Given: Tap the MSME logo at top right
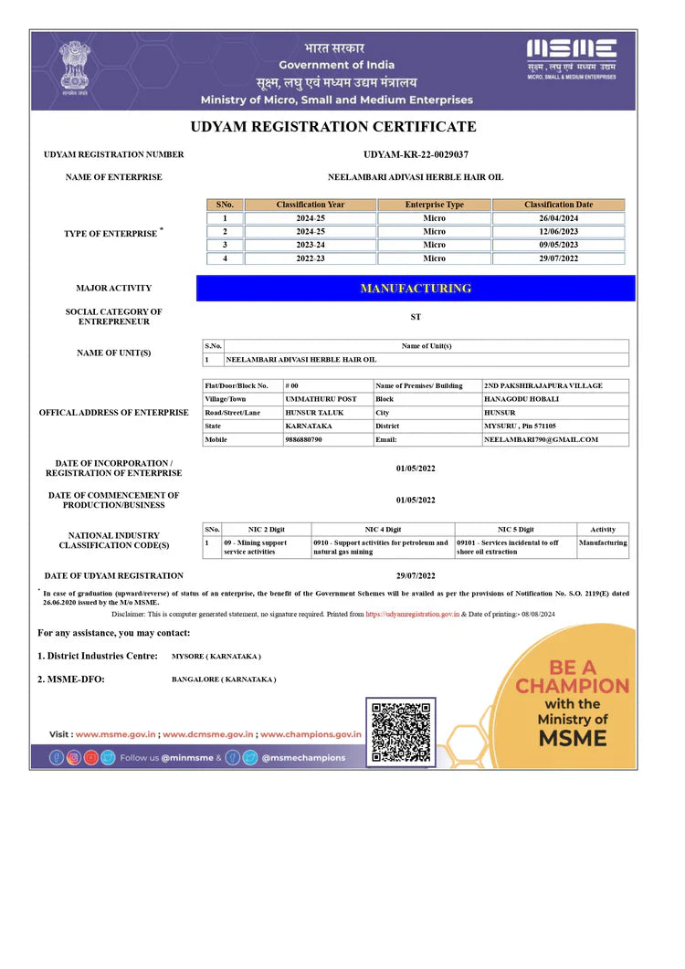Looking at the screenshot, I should coord(571,59).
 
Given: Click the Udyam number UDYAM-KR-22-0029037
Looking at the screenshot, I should coord(416,154).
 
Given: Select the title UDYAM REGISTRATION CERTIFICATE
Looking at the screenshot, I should coord(333,127).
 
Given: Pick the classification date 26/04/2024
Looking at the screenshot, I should coord(558,218).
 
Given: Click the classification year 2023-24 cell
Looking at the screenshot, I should coord(311,245).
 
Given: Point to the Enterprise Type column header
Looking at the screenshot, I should coord(434,205).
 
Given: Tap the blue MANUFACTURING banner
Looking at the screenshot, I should coord(416,289).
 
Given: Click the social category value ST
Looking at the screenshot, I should coord(416,317).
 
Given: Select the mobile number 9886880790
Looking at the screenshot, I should coord(304,439).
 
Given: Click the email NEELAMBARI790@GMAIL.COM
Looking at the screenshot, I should coord(541,439).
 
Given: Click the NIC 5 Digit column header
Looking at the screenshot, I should coord(515,529).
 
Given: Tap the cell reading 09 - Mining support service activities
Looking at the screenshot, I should coord(256,547).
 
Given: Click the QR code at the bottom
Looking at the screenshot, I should coord(401,732).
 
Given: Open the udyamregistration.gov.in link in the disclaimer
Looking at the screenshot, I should coord(412,615).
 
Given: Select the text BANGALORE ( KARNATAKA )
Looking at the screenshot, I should coord(224,679).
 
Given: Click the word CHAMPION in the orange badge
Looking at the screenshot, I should coord(572,686).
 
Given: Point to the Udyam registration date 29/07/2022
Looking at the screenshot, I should coord(416,575).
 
